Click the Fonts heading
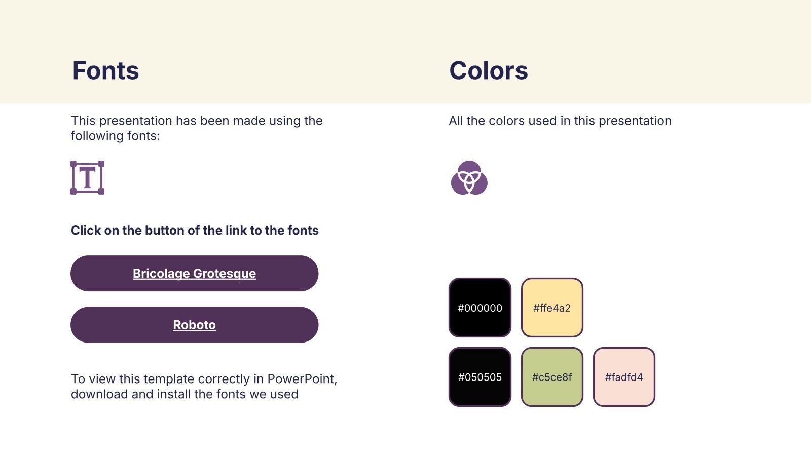tap(106, 70)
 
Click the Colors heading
tap(489, 70)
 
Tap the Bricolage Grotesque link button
tap(195, 273)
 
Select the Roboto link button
tap(195, 325)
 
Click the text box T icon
tap(87, 178)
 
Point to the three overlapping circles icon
tap(469, 178)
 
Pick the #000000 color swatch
tap(480, 308)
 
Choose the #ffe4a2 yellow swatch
tap(552, 308)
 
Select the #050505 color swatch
tap(480, 377)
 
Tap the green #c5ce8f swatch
tap(552, 377)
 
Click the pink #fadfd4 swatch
tap(624, 377)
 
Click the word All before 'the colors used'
tap(456, 121)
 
